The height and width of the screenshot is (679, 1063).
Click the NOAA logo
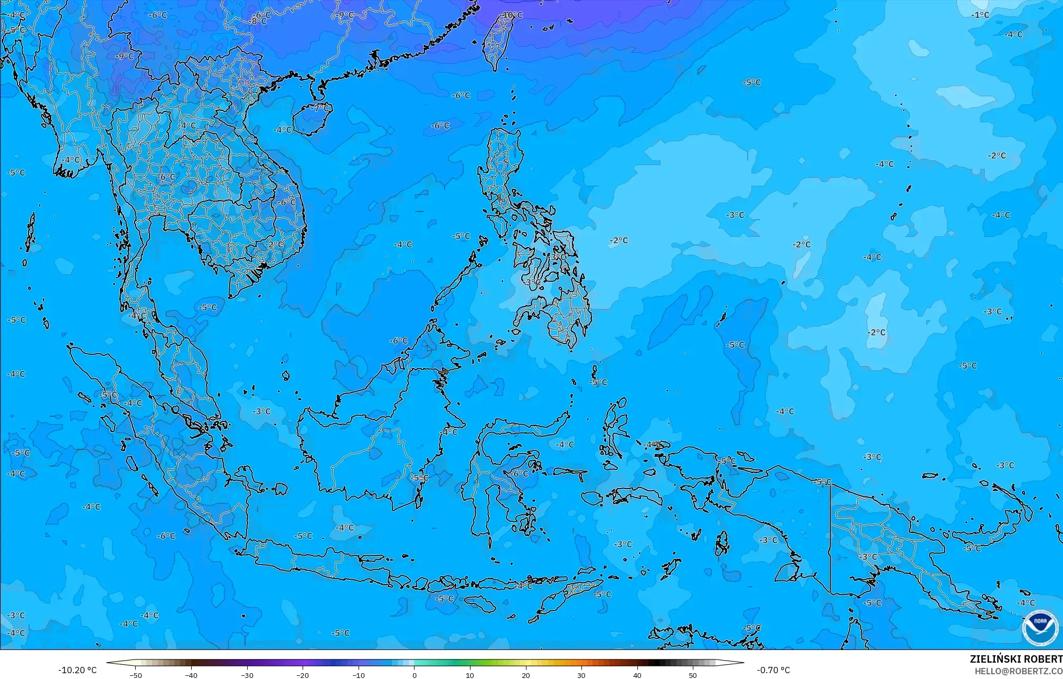[1040, 627]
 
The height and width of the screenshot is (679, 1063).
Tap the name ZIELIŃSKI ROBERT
[1015, 659]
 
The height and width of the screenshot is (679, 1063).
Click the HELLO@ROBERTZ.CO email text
[1018, 671]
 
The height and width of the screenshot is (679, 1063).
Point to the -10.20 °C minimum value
[77, 670]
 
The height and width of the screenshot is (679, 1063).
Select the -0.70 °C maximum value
[773, 670]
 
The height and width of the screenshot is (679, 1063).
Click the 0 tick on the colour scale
[415, 675]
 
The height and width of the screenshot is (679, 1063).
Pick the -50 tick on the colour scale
[136, 675]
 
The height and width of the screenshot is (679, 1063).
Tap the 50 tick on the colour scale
[693, 675]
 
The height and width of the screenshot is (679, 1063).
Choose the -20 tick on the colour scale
[303, 675]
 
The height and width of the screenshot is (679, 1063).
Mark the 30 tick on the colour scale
[581, 675]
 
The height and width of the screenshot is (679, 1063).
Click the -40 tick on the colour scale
[191, 675]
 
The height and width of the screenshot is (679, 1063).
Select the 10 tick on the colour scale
[470, 675]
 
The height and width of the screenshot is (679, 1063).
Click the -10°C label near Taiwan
[512, 15]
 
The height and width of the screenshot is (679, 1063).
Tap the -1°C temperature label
[980, 15]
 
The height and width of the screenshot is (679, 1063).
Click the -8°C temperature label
[258, 22]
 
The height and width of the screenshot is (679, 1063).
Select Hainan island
[309, 117]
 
